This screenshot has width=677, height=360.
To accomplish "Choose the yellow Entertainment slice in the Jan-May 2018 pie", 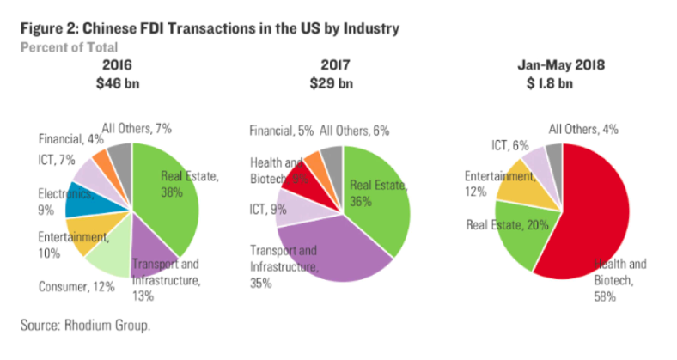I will [x=515, y=182].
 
